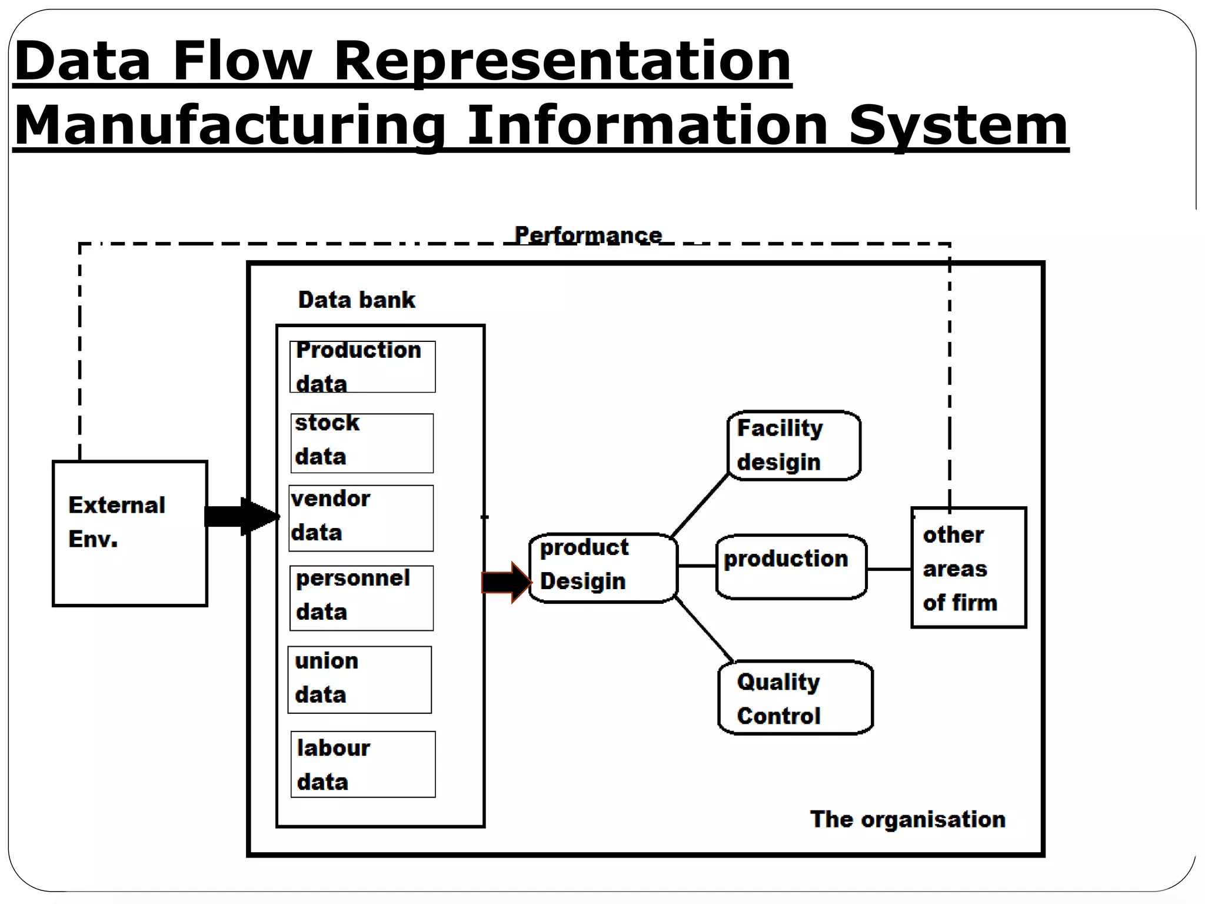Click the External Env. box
129,533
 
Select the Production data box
362,367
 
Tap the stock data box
362,443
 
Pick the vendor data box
361,518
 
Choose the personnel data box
361,598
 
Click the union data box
359,680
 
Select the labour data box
363,765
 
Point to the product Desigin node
604,568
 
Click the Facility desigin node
794,446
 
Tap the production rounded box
791,567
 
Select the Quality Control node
795,697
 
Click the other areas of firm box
968,568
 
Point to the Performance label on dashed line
588,235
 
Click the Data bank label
357,300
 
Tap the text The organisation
907,819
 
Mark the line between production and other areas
889,569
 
